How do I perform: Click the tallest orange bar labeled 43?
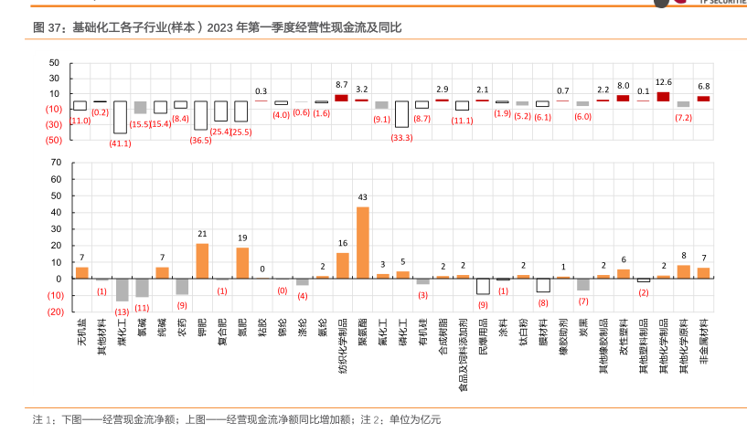point(362,242)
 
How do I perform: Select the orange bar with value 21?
point(202,260)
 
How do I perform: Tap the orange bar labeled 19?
point(242,262)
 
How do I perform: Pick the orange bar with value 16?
point(342,265)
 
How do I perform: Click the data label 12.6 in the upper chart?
point(664,82)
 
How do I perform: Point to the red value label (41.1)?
point(121,143)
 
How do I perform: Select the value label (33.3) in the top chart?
point(401,137)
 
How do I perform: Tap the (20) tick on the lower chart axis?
point(53,312)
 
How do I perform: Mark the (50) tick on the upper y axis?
point(53,140)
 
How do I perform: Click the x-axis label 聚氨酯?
point(363,334)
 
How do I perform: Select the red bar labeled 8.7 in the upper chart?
point(342,97)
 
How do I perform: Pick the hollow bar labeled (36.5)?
point(201,115)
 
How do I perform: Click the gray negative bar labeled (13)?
point(123,290)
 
